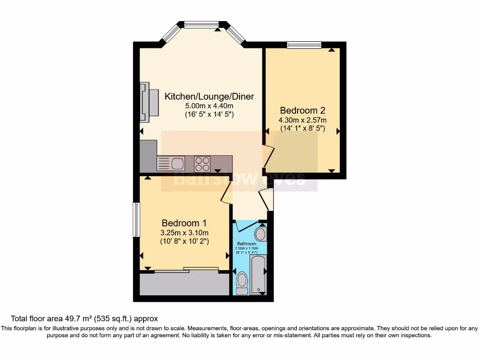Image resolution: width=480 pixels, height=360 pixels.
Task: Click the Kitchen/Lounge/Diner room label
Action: pos(209,97)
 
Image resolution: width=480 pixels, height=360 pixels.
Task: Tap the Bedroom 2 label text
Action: pos(302,111)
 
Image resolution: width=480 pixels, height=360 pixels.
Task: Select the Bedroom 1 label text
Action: pos(184,223)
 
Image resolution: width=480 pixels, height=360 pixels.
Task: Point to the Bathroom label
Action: pos(247,244)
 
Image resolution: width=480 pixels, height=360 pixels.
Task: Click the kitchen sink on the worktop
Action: pos(177,164)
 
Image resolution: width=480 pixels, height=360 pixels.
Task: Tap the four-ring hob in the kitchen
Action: pos(202,164)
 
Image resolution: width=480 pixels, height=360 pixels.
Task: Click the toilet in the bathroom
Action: pos(242,283)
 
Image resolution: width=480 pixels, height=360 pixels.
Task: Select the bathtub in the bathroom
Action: pos(258,274)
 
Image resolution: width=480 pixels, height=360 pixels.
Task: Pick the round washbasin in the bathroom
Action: pos(261,233)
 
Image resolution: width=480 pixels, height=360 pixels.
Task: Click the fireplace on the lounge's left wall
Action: pos(149,102)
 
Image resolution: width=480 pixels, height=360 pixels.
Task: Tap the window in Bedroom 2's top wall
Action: pos(304,45)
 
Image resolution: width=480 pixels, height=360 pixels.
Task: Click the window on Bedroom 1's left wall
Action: pos(136,220)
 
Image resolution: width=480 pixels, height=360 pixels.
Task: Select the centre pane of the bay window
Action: pos(202,24)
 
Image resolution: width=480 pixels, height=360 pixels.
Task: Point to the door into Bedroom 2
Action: pos(268,157)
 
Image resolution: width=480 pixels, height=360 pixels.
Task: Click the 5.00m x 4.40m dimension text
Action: pos(209,106)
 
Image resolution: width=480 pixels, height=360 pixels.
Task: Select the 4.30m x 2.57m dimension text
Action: pos(302,120)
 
